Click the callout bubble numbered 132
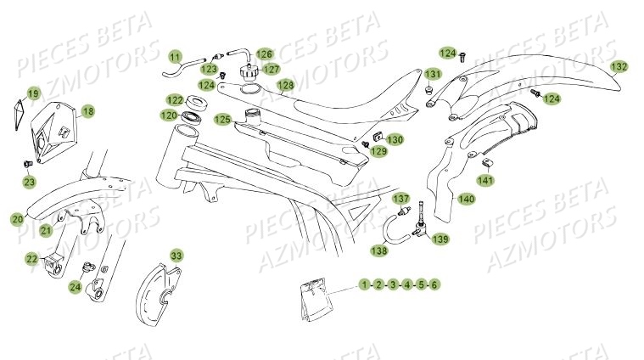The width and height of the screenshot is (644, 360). (619, 66)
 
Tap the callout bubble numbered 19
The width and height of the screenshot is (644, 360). (33, 93)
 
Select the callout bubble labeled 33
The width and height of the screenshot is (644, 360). (176, 255)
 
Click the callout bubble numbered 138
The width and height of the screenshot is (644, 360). (378, 250)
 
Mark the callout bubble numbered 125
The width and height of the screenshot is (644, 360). (222, 119)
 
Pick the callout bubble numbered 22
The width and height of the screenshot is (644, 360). (31, 259)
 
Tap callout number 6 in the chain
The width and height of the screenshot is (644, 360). (434, 284)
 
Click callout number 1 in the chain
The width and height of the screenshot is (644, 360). (364, 284)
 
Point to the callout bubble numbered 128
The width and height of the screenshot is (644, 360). (285, 85)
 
